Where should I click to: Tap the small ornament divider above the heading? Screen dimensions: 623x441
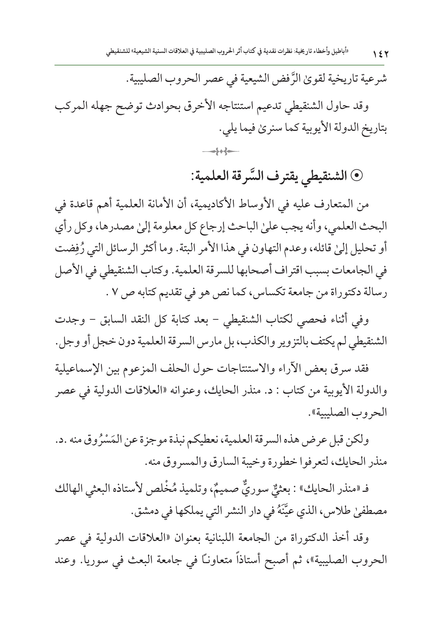pyautogui.click(x=220, y=151)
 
